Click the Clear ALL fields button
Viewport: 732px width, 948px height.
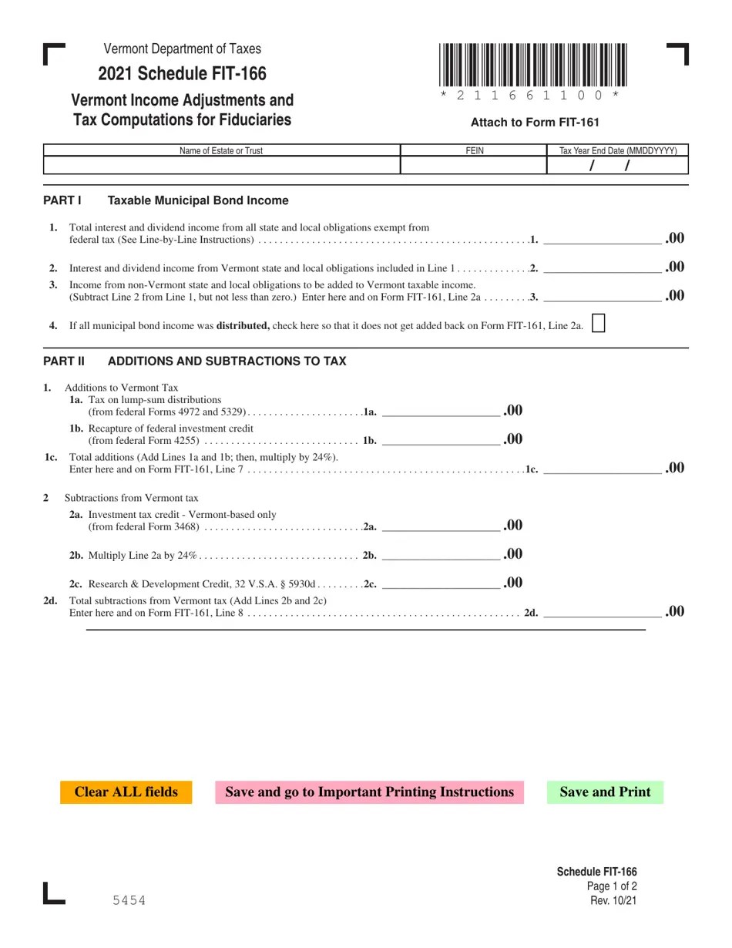tap(126, 792)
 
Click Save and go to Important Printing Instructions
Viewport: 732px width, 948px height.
tap(369, 792)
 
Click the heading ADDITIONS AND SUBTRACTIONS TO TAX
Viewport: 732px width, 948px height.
tap(227, 361)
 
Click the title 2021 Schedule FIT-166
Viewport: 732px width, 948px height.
tap(183, 74)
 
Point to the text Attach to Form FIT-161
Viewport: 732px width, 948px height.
tap(535, 123)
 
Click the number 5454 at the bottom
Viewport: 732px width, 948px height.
tap(127, 901)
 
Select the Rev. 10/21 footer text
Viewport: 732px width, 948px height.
tap(612, 901)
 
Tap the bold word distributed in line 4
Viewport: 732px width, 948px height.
tap(243, 326)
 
